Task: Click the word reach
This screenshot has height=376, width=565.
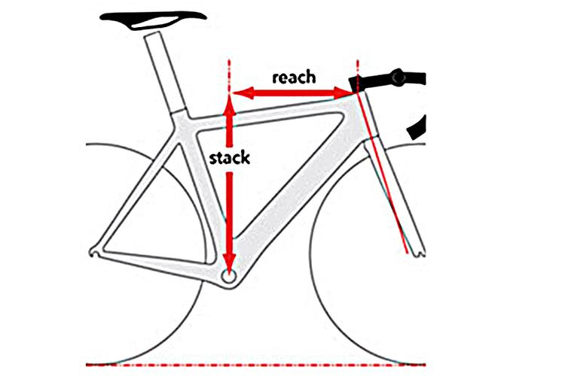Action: [294, 77]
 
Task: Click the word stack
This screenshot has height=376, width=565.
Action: [230, 158]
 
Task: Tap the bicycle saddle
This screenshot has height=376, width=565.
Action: [153, 20]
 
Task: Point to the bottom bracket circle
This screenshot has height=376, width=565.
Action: [229, 276]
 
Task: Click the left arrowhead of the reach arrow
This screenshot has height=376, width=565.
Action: [243, 93]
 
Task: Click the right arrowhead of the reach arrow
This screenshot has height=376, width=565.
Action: [343, 92]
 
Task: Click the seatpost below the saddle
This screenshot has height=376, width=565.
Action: [164, 72]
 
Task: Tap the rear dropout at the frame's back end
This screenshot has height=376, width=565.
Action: [94, 251]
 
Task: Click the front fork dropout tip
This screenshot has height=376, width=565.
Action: [420, 253]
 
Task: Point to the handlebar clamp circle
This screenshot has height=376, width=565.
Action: [399, 77]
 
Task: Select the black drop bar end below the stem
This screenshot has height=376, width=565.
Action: [417, 128]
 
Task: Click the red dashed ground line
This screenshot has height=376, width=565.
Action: [256, 365]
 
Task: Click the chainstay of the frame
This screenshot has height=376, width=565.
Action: [158, 262]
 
